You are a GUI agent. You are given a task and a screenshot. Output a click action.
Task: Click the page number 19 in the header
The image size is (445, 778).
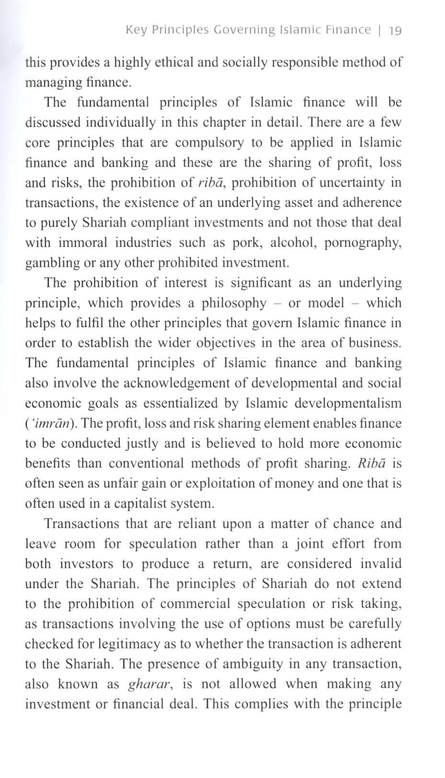[x=395, y=31]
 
